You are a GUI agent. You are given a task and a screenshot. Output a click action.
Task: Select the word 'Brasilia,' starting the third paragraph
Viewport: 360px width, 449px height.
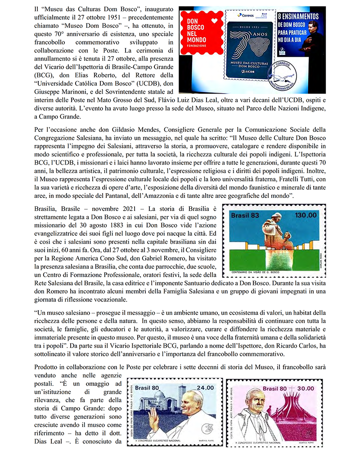pyautogui.click(x=46, y=209)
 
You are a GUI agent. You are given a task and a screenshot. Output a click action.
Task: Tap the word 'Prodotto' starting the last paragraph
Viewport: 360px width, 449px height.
pyautogui.click(x=48, y=367)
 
